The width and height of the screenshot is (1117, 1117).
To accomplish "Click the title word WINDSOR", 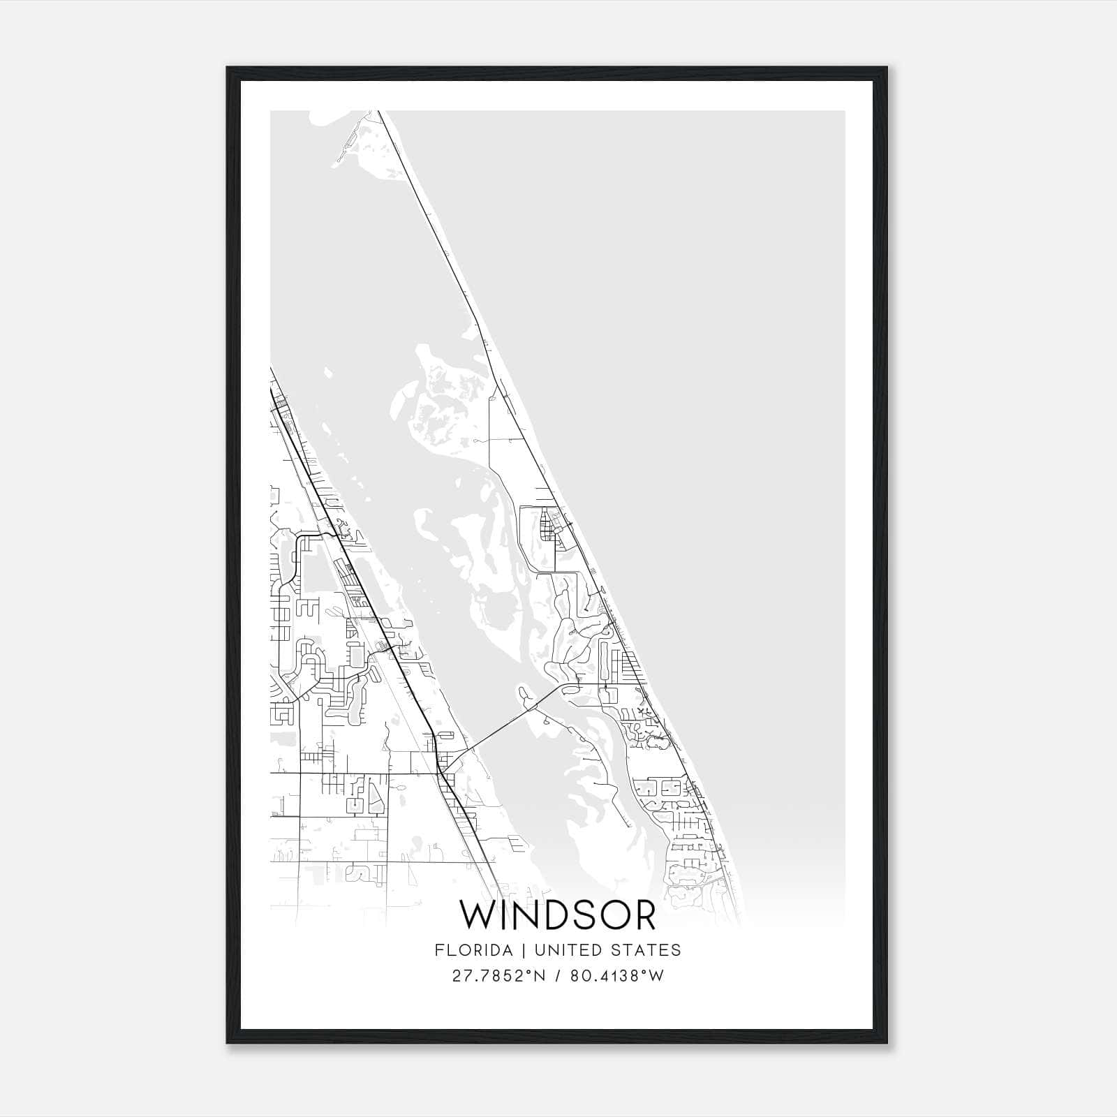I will tap(558, 915).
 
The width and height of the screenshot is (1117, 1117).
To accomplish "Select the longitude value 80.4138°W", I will tap(617, 975).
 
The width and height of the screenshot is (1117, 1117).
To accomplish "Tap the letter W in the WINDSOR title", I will tap(478, 915).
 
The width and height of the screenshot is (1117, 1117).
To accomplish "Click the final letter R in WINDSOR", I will tap(644, 915).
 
